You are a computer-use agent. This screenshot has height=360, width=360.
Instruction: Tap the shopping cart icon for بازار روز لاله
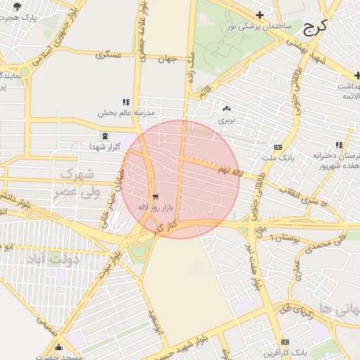155,197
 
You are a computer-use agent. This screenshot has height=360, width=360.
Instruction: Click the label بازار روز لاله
155,207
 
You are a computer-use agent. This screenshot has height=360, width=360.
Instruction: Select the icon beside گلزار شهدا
105,136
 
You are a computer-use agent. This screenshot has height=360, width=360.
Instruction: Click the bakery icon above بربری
226,109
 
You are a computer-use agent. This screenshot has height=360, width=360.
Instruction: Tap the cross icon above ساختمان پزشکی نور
259,15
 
